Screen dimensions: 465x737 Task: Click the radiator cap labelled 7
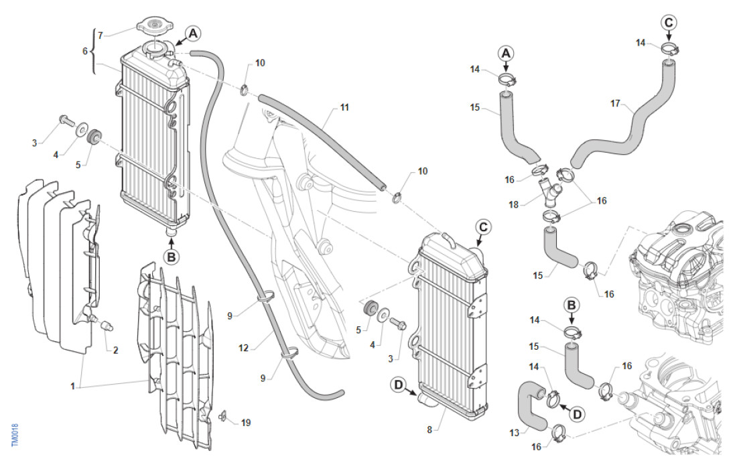click(x=154, y=27)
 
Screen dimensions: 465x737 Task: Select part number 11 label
click(x=344, y=107)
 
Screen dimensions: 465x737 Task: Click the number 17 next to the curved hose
click(x=616, y=104)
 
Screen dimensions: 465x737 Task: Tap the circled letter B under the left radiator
click(x=172, y=256)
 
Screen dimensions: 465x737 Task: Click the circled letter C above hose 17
click(x=669, y=22)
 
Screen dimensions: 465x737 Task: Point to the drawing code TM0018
click(x=15, y=436)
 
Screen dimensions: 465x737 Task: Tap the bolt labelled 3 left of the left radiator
click(x=66, y=121)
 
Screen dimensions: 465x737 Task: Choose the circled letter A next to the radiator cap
click(x=193, y=31)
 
